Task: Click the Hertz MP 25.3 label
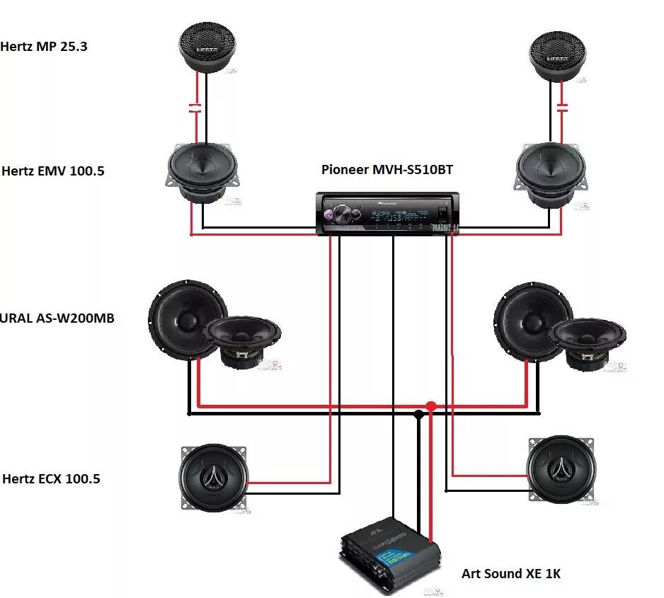43,47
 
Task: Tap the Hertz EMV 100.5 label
53,171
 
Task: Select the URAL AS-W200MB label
57,318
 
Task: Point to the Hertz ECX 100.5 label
51,479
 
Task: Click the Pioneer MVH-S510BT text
387,169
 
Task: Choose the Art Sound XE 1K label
510,573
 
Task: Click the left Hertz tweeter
207,46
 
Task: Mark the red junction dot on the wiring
430,406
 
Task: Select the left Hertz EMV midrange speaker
201,171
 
